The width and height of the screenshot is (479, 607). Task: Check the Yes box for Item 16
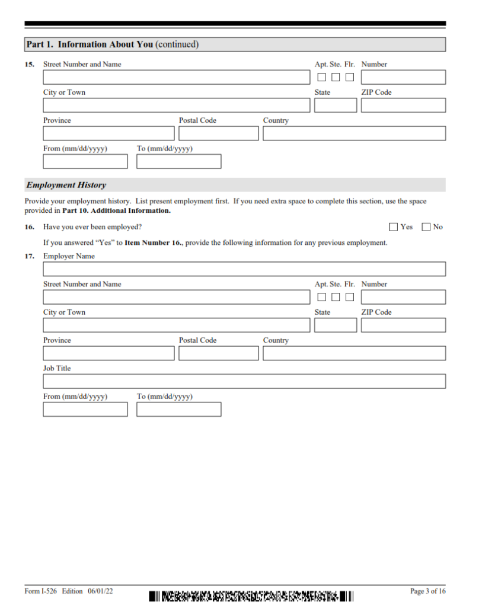[394, 227]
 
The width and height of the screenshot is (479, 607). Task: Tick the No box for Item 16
[426, 227]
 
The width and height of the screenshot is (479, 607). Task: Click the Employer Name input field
[244, 269]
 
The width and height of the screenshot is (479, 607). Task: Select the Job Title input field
[244, 381]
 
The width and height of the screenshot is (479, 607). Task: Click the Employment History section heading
[66, 185]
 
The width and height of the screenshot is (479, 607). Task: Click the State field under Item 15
[336, 106]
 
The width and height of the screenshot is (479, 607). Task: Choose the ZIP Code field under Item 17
[403, 325]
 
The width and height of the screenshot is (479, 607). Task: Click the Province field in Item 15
[108, 133]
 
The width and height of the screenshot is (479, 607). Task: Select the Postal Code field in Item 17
[218, 353]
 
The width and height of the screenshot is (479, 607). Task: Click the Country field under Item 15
[354, 133]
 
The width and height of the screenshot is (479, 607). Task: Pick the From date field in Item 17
[85, 410]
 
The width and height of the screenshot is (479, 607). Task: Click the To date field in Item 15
[178, 161]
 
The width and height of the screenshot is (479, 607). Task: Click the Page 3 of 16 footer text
[427, 591]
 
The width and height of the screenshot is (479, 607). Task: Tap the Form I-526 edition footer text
[69, 591]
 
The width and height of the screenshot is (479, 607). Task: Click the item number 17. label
[29, 257]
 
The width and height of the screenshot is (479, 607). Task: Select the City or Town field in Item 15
[176, 106]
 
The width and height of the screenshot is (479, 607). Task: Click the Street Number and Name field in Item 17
[176, 297]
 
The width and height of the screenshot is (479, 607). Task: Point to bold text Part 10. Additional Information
[116, 210]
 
